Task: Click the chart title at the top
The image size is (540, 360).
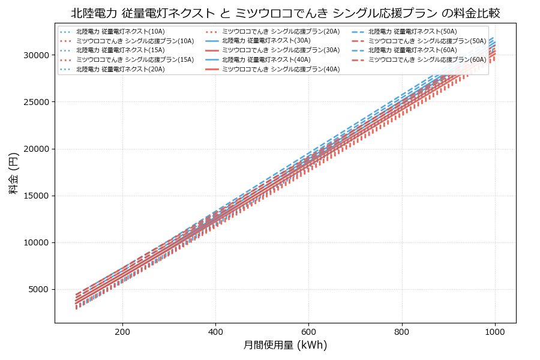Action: [285, 13]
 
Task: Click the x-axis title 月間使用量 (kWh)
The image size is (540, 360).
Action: [285, 345]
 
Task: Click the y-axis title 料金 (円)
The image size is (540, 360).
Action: [13, 173]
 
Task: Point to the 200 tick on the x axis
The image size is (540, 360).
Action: [122, 331]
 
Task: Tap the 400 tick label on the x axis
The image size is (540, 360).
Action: [215, 331]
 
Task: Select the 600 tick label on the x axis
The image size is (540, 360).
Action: [308, 331]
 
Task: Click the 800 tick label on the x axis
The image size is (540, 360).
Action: [401, 331]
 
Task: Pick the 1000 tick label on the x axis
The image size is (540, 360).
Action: [494, 331]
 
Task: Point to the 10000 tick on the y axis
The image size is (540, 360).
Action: [37, 243]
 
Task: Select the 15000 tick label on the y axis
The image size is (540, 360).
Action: [37, 196]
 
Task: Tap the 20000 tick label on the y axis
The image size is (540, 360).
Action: [37, 149]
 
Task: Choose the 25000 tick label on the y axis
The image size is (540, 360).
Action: [37, 102]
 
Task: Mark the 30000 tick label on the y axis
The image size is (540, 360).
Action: [37, 55]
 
